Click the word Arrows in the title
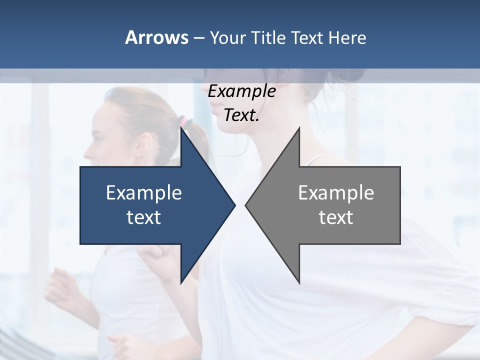tap(156, 37)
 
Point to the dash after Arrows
tap(198, 38)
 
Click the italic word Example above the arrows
tap(241, 91)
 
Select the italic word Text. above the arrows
tap(241, 115)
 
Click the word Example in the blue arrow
tap(143, 192)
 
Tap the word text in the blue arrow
tap(143, 217)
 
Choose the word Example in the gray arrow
tap(336, 192)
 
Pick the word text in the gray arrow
tap(336, 217)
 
